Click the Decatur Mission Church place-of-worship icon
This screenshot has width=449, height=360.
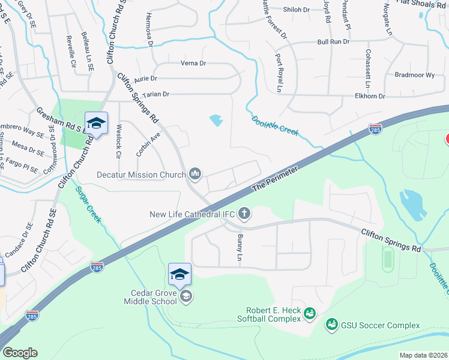pyautogui.click(x=195, y=174)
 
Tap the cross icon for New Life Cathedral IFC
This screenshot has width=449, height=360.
pyautogui.click(x=244, y=213)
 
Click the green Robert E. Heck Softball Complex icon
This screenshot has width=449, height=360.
pyautogui.click(x=310, y=313)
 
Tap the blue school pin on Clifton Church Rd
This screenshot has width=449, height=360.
pyautogui.click(x=96, y=124)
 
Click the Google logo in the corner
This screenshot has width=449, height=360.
pyautogui.click(x=19, y=353)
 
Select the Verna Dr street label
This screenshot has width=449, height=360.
pyautogui.click(x=193, y=63)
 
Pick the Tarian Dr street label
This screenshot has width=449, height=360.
pyautogui.click(x=155, y=94)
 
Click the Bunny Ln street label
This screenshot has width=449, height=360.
pyautogui.click(x=239, y=247)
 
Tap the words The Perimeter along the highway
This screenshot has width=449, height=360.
pyautogui.click(x=274, y=178)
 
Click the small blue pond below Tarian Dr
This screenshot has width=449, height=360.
pyautogui.click(x=215, y=121)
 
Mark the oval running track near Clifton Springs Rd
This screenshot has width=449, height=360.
pyautogui.click(x=388, y=260)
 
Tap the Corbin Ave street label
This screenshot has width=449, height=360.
pyautogui.click(x=148, y=145)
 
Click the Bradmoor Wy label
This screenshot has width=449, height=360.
pyautogui.click(x=414, y=75)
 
